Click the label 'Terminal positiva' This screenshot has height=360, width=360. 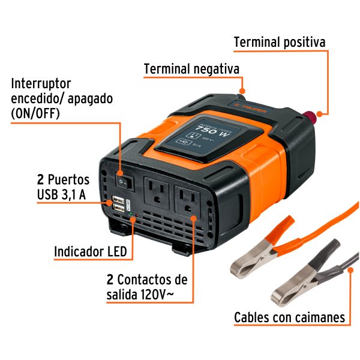[x=279, y=42]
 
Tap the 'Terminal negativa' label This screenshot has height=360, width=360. [x=191, y=69]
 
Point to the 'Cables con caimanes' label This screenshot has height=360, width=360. [x=289, y=317]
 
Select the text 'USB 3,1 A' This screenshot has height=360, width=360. [x=63, y=194]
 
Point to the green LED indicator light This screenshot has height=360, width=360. [x=133, y=218]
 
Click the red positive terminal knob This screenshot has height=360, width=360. [x=313, y=114]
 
